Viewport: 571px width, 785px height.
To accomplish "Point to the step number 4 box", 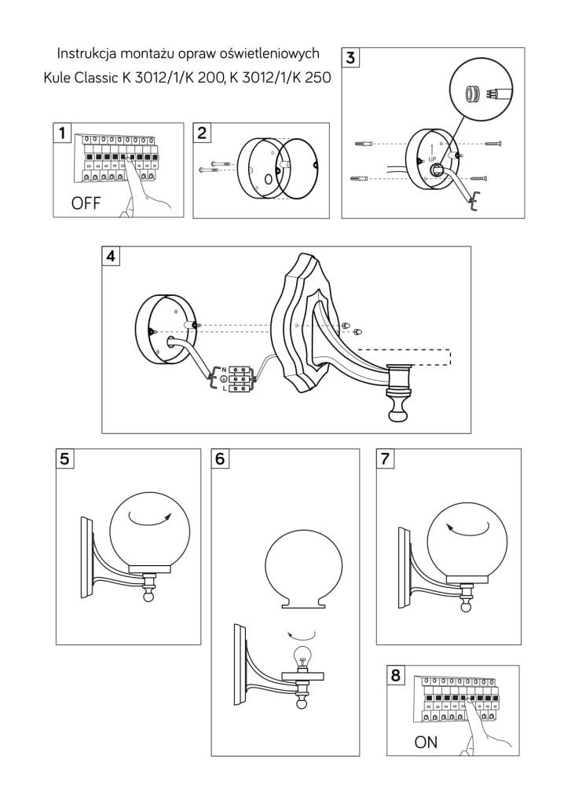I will pos(112,257).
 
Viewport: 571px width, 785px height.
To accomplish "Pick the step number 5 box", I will pos(66,459).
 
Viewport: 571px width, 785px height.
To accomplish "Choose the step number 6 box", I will pos(223,459).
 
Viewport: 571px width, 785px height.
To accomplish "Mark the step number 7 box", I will pos(386,459).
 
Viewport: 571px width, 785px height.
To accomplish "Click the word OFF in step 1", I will pos(86,204).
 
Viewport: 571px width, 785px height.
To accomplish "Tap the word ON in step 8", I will pos(426,742).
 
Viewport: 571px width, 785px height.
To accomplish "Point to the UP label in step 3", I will pos(432,159).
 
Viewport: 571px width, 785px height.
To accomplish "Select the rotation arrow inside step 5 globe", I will pos(152,515).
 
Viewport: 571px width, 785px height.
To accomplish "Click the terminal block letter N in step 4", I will pos(225,369).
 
